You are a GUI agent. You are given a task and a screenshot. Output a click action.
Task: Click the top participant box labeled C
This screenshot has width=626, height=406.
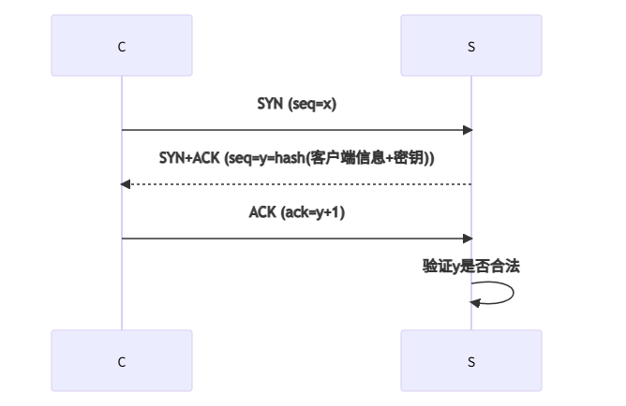[x=122, y=45]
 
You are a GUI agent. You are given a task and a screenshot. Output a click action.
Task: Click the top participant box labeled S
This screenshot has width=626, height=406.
[x=470, y=45]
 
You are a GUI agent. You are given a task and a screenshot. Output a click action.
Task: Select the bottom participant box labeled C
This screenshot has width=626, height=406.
[x=122, y=360]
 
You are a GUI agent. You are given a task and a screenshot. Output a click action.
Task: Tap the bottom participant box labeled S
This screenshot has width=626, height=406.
[x=470, y=360]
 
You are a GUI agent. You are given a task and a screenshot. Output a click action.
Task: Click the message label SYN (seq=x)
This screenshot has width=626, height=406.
[x=296, y=104]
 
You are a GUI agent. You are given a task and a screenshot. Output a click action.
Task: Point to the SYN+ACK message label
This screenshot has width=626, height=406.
[x=296, y=158]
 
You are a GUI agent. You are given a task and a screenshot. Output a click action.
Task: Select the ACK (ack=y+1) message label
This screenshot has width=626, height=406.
[x=296, y=212]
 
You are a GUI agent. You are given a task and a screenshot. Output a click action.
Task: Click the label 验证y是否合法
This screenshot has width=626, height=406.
[x=470, y=267]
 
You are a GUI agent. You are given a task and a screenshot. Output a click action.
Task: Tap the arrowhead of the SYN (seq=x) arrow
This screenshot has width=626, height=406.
[x=468, y=130]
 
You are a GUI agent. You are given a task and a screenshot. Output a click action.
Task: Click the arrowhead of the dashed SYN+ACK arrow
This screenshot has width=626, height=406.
[x=126, y=184]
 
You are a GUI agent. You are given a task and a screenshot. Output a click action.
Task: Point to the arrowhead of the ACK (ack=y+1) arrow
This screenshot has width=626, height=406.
[x=468, y=239]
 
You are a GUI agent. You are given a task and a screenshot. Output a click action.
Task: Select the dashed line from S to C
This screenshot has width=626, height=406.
[x=296, y=184]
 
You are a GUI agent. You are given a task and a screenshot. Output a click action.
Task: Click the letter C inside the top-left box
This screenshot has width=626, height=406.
[x=122, y=45]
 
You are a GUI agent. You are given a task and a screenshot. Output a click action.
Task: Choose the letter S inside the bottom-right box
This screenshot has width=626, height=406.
[x=470, y=360]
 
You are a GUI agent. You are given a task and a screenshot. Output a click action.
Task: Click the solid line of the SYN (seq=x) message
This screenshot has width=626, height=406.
[x=296, y=130]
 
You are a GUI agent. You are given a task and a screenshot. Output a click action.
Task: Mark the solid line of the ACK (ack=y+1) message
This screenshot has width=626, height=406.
[x=296, y=239]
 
